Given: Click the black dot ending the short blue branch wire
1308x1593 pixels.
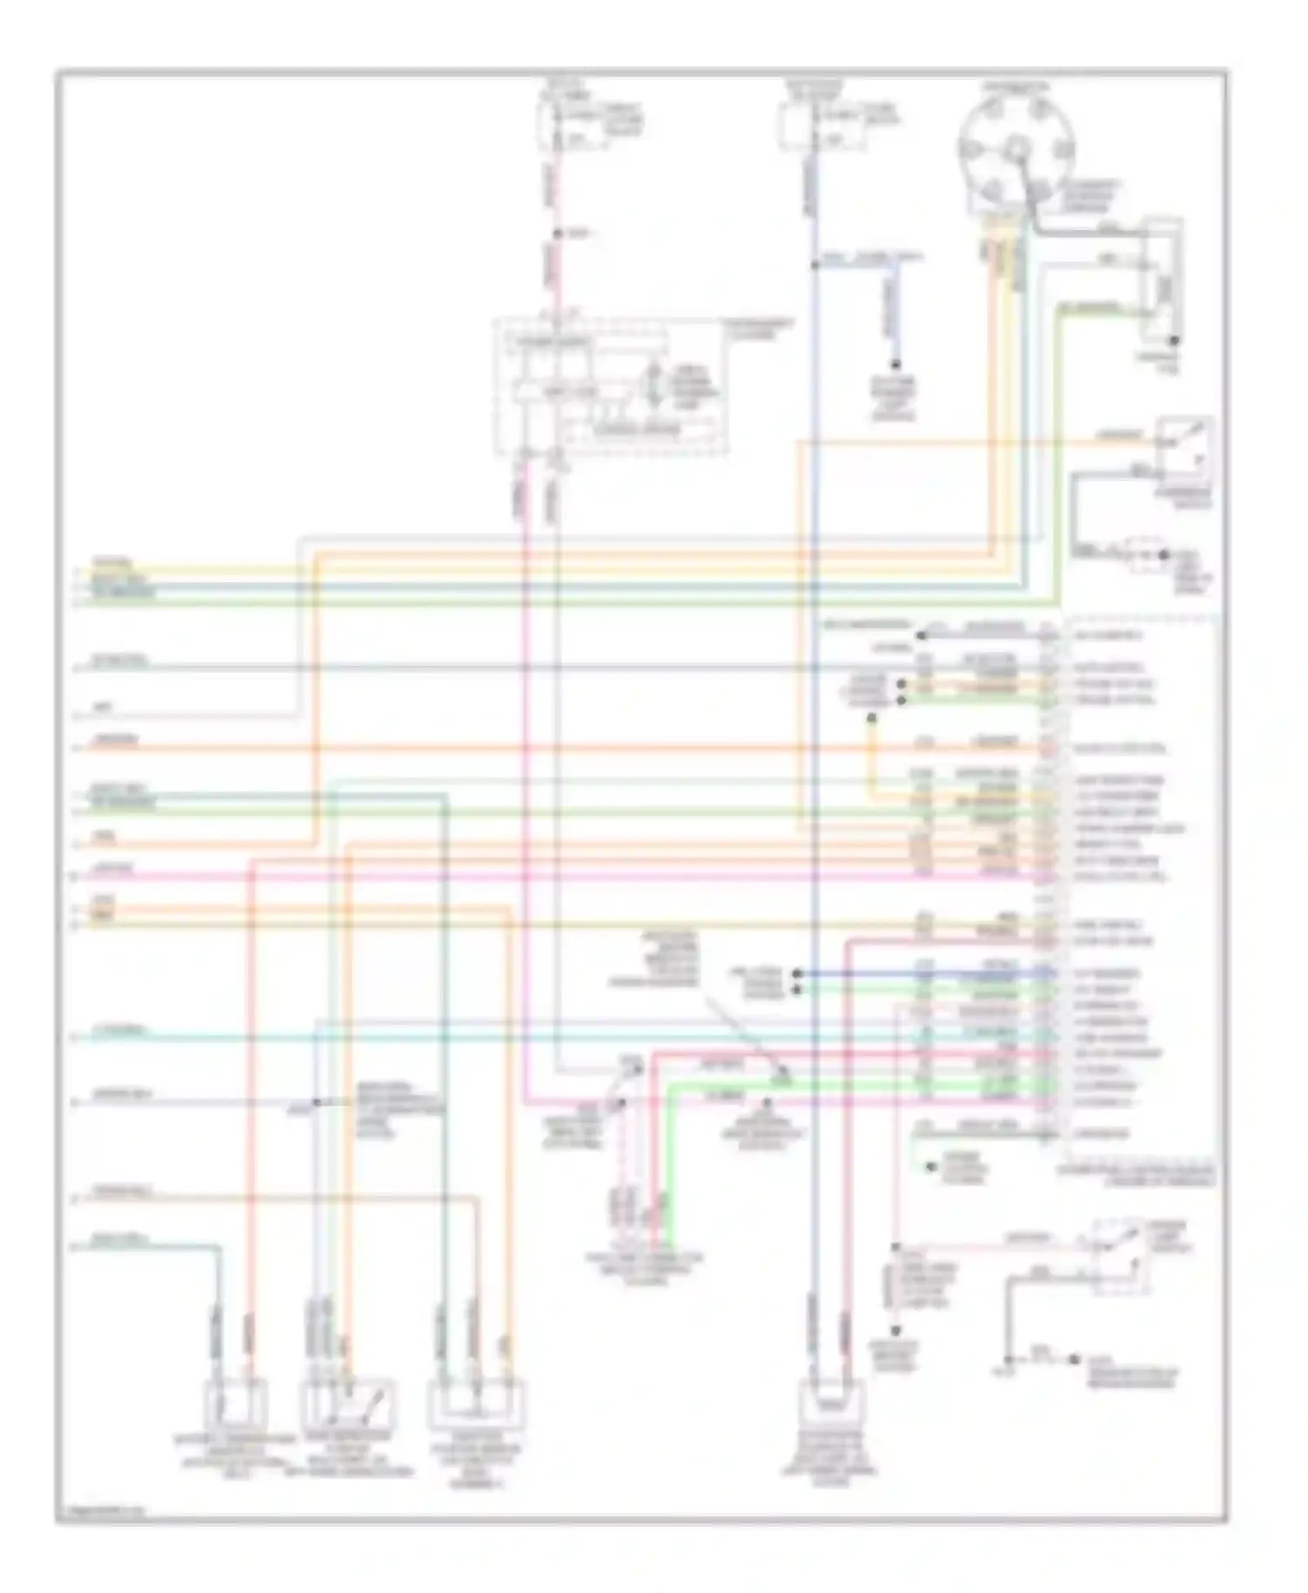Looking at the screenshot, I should pos(895,365).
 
